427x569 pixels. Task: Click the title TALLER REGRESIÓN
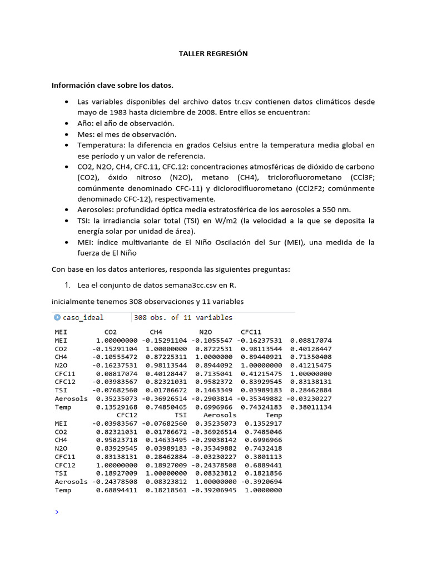(213, 54)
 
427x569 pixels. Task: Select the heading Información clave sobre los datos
(112, 86)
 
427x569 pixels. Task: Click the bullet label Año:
(86, 123)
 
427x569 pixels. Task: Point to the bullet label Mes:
(87, 134)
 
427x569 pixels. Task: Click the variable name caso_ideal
(83, 318)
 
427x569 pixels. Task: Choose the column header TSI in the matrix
(180, 415)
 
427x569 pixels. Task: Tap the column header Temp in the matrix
(274, 415)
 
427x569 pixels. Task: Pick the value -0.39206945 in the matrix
(214, 490)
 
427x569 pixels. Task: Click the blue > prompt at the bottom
(57, 512)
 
